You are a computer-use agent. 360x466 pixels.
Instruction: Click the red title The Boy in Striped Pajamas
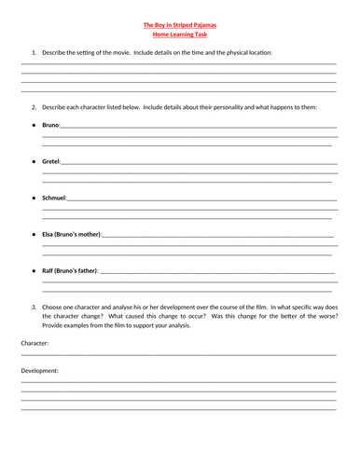point(179,25)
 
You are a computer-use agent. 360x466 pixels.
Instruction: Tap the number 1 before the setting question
point(34,53)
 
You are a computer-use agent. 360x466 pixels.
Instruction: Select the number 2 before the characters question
point(34,107)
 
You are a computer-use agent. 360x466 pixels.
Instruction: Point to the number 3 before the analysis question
point(34,306)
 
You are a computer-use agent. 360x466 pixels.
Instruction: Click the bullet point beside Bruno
point(34,125)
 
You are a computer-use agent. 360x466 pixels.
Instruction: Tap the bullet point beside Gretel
point(34,161)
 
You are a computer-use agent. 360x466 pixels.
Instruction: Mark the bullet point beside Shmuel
point(34,198)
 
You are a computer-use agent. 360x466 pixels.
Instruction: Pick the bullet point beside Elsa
point(34,234)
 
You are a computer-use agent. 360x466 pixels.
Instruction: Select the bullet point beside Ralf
point(34,270)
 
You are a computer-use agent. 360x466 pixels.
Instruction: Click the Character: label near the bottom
point(35,343)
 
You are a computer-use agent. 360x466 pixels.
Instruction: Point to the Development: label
point(39,370)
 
